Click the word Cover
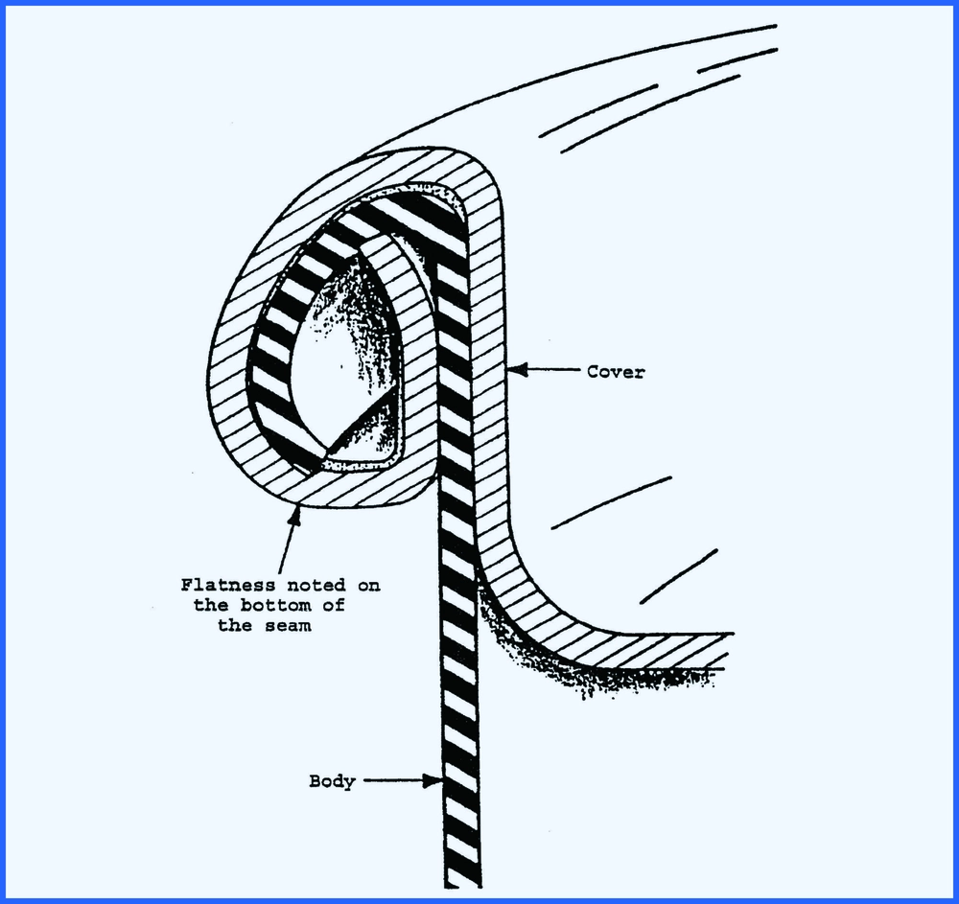point(616,372)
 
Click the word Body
point(332,781)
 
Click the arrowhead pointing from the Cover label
point(515,369)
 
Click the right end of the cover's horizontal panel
point(729,644)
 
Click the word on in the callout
point(367,585)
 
